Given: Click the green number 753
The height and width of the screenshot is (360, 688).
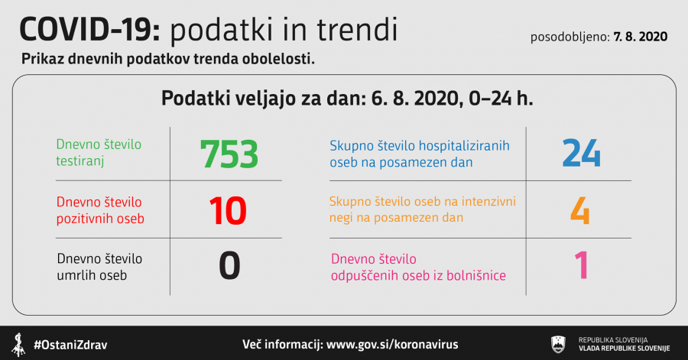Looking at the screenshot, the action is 229,154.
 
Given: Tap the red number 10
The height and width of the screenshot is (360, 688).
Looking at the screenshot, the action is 228,211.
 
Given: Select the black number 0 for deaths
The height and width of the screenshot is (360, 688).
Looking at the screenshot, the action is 229,266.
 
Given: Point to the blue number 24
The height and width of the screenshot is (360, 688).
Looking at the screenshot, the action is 582,153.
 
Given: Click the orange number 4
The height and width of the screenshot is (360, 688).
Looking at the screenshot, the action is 579,210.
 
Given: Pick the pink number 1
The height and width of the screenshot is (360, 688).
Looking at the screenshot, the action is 582,265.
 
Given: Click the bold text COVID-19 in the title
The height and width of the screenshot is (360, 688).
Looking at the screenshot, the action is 90,30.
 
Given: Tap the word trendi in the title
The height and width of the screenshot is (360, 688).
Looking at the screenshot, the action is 357,30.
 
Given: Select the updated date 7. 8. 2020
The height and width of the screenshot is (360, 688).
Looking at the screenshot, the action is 641,37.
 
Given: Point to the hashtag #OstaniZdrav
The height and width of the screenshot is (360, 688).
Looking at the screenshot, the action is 70,345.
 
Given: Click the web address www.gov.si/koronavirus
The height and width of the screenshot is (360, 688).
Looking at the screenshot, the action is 392,344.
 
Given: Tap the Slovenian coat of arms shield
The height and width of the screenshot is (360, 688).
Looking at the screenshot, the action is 558,344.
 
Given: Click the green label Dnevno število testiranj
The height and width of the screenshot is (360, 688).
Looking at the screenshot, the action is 99,153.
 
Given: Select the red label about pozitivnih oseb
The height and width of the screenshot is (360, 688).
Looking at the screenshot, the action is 100,210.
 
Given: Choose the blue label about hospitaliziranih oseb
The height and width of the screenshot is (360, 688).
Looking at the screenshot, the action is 420,154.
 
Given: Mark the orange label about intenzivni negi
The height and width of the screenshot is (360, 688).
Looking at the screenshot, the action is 423,209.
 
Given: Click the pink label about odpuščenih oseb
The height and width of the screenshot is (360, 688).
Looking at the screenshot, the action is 418,267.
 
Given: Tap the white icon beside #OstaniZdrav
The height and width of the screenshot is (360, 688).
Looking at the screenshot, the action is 18,345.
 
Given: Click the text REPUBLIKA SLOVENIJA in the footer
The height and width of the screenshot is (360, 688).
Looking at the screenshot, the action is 613,340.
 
